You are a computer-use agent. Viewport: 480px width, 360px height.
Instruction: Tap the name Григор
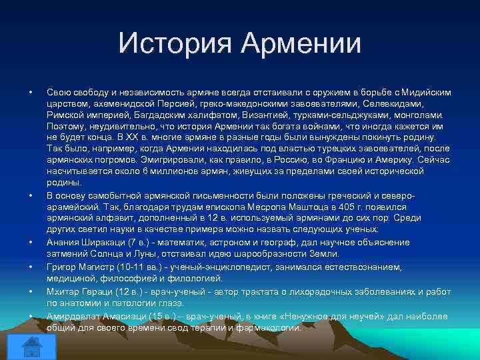pos(62,267)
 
